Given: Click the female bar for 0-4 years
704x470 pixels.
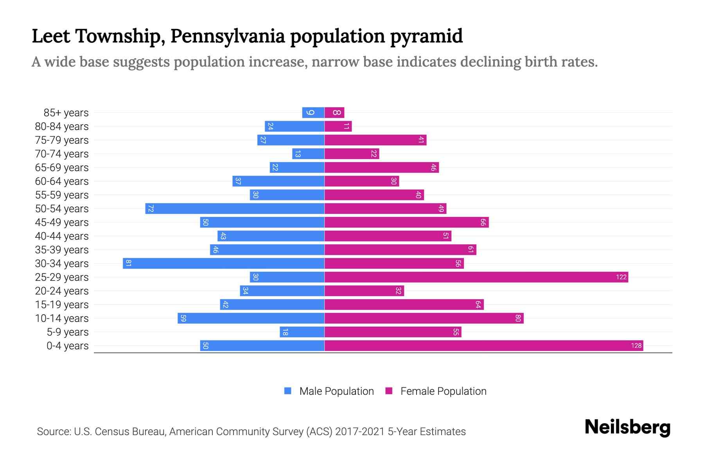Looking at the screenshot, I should pyautogui.click(x=484, y=345).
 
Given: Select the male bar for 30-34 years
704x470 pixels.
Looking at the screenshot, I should pyautogui.click(x=224, y=263).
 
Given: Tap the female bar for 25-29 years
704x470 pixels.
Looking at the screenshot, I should pyautogui.click(x=476, y=277).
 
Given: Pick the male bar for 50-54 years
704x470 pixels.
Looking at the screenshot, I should pyautogui.click(x=235, y=208).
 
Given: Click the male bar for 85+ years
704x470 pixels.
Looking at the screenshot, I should pyautogui.click(x=313, y=112).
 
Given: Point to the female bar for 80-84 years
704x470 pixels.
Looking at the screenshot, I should pyautogui.click(x=338, y=126).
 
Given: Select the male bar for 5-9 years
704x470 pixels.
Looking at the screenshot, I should pyautogui.click(x=302, y=332).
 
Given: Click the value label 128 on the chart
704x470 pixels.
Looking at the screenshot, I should pyautogui.click(x=636, y=345).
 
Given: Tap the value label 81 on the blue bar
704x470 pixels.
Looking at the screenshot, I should pyautogui.click(x=128, y=263).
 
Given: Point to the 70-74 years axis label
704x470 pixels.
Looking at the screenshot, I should pyautogui.click(x=62, y=154).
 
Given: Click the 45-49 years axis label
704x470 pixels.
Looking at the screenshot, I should pyautogui.click(x=62, y=222).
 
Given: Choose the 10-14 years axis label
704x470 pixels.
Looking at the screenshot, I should pyautogui.click(x=62, y=318).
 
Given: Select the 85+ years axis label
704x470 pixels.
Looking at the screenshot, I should pyautogui.click(x=66, y=113).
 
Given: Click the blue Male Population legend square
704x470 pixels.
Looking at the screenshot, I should pyautogui.click(x=288, y=391).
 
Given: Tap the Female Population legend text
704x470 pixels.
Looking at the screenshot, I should pyautogui.click(x=443, y=391).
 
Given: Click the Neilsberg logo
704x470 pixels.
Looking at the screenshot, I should pyautogui.click(x=627, y=427).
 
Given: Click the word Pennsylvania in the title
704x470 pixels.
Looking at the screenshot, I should pyautogui.click(x=228, y=36).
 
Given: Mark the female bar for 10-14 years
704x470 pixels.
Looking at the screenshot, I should pyautogui.click(x=424, y=318).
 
